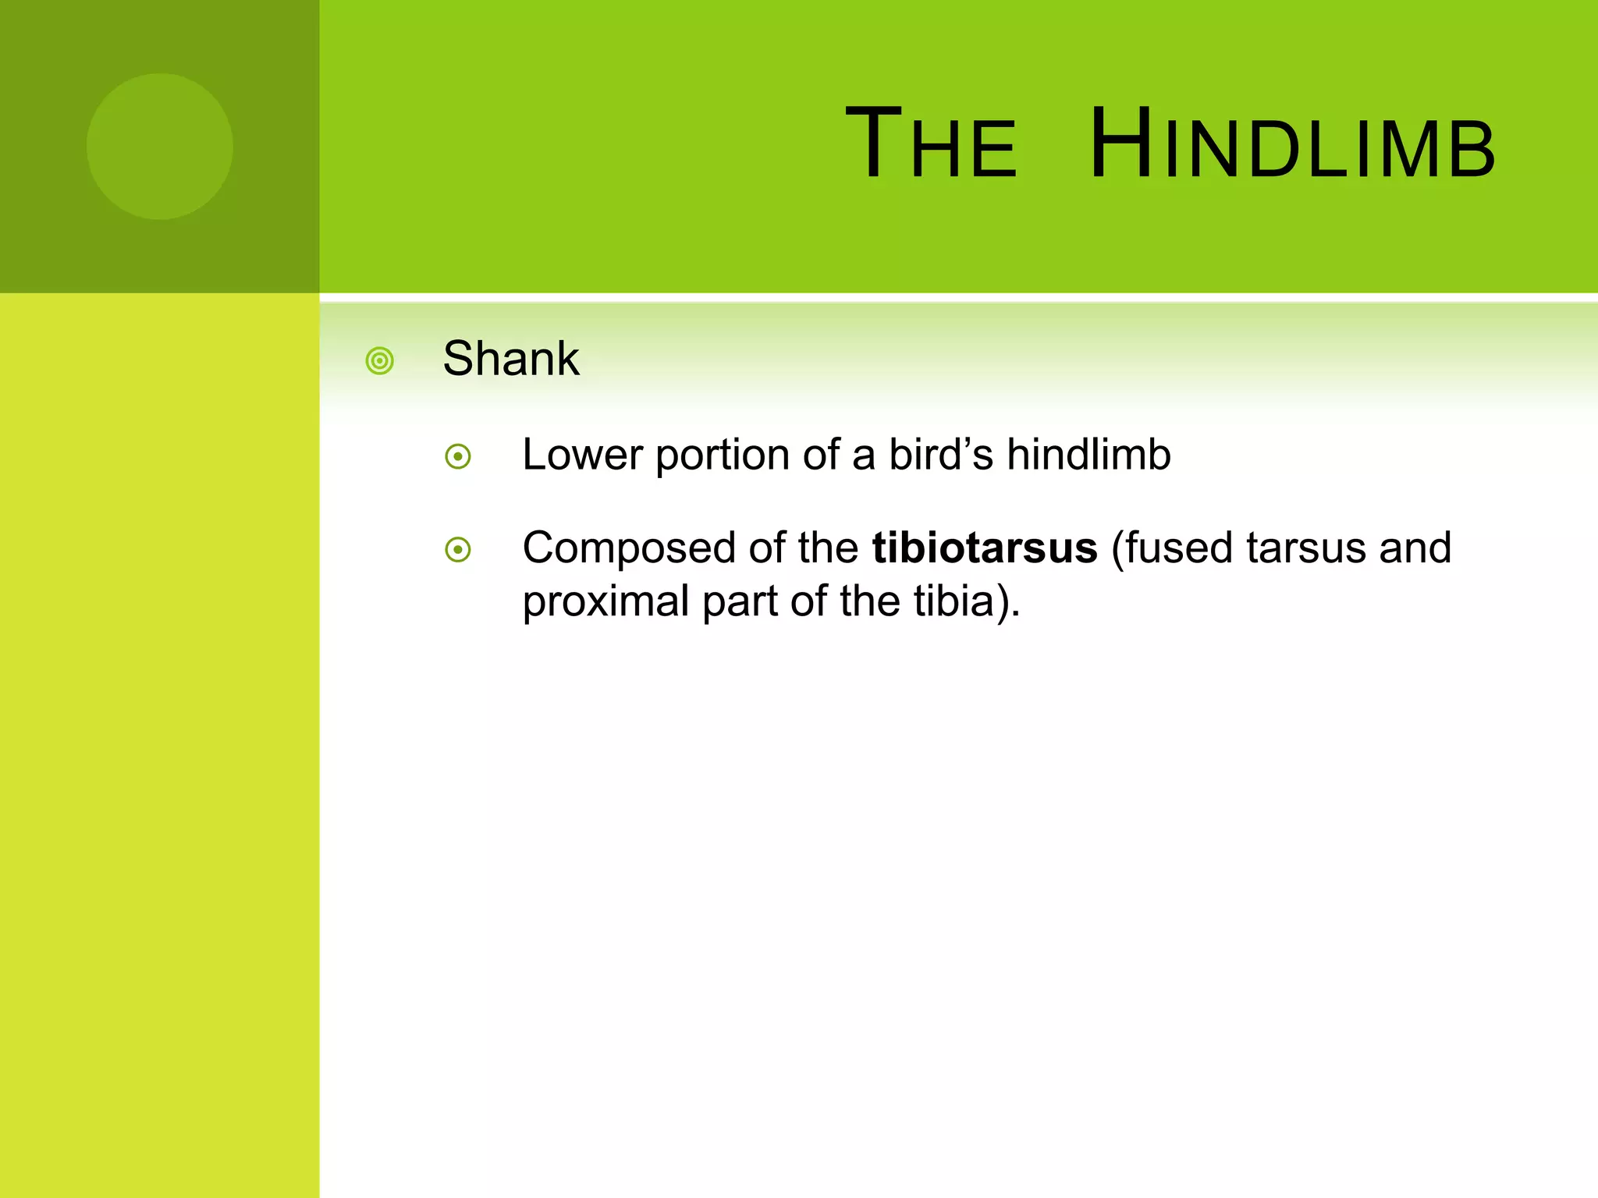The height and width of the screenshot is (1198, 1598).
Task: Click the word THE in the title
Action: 932,146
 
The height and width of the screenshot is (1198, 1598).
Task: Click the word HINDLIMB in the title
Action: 1291,146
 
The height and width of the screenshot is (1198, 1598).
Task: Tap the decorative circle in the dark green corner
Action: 159,147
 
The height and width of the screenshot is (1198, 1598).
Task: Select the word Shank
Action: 511,359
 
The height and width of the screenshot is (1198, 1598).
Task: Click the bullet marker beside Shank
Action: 379,361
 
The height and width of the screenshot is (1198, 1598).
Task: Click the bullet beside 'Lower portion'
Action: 458,457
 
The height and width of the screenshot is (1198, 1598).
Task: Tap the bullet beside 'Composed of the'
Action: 458,551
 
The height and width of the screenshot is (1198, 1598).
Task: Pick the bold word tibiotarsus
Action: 985,548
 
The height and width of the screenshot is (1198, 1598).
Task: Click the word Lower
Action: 581,455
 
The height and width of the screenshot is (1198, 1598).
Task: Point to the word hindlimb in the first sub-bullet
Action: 1088,455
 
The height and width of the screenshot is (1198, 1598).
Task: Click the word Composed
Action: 629,549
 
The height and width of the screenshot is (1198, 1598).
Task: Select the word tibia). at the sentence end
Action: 967,601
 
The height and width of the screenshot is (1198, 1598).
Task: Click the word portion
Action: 723,456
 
